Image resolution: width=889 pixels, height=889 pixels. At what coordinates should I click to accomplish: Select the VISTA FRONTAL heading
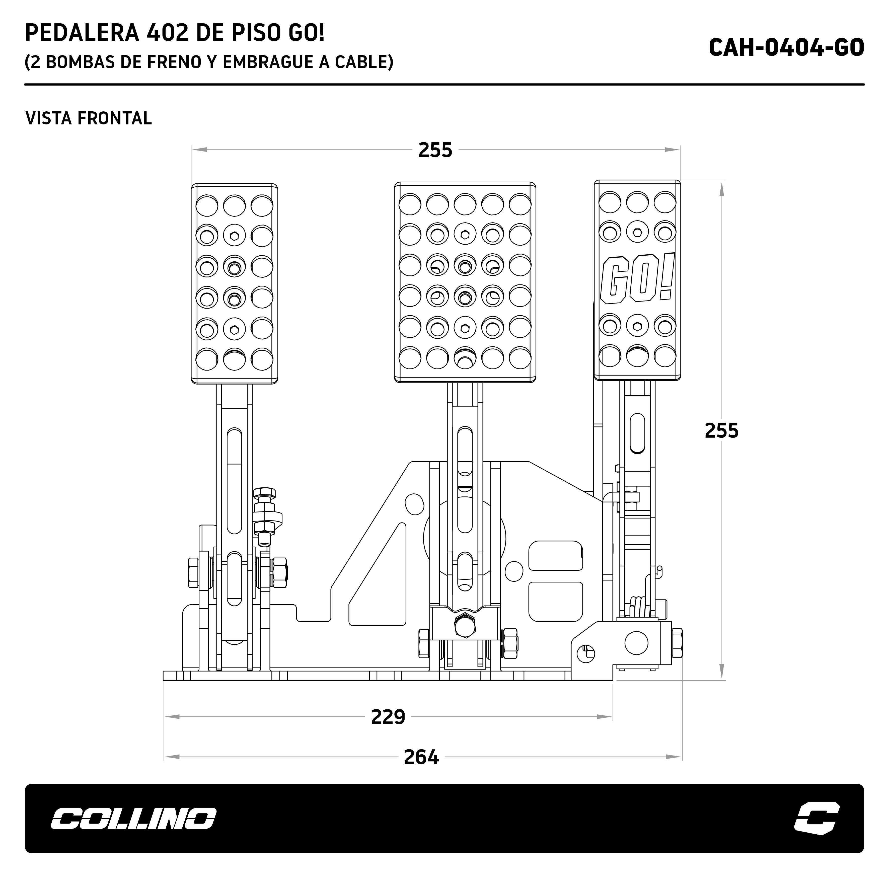(x=88, y=119)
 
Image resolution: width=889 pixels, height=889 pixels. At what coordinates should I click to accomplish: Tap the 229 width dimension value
(x=388, y=717)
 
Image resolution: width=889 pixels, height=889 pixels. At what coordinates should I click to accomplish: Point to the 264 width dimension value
(x=421, y=757)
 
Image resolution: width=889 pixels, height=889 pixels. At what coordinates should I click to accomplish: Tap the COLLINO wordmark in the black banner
(x=133, y=819)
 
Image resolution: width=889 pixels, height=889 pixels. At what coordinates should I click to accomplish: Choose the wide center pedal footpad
(x=465, y=282)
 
